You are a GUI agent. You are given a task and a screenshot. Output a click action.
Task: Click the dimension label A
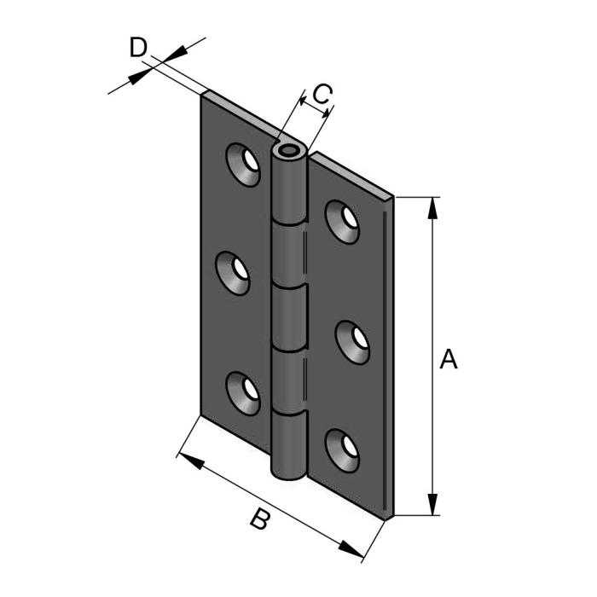[x=449, y=360]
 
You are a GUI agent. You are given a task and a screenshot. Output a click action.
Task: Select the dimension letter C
[x=322, y=94]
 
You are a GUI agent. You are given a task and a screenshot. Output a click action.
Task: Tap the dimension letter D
[x=138, y=47]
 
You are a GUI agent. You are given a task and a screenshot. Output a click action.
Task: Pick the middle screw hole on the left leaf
[x=238, y=273]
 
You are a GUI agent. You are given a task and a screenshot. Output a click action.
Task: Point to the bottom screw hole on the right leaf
[x=344, y=448]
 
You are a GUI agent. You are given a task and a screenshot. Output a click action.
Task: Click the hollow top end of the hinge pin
[x=287, y=154]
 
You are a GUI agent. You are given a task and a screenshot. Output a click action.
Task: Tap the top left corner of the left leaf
[x=204, y=94]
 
